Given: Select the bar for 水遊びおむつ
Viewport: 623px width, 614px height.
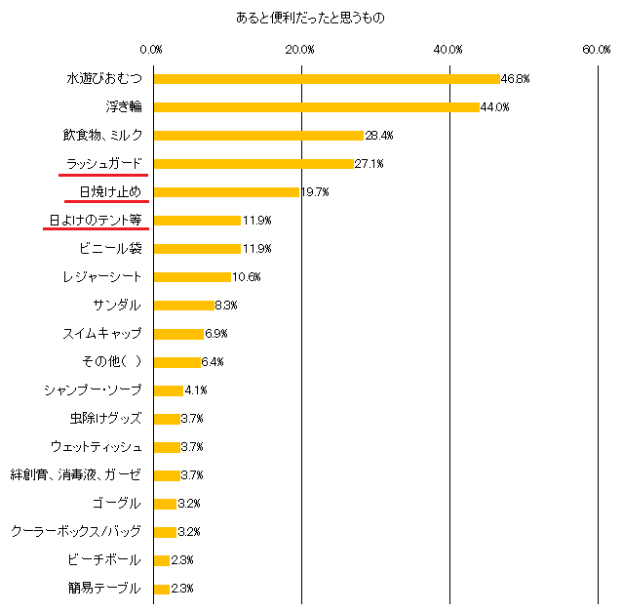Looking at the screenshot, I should point(326,78).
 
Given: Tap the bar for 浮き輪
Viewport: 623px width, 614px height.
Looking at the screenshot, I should point(316,106).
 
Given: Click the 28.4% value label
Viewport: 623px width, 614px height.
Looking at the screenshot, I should point(378,135).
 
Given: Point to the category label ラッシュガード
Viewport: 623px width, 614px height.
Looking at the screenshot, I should point(103,163).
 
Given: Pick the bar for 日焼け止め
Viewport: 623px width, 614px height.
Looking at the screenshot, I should point(226,191).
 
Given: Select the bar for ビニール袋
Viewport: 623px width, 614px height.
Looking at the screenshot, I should point(197,248).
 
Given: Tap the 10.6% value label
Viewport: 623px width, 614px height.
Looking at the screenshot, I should point(246,276).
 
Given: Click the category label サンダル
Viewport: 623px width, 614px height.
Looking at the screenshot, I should point(117,305).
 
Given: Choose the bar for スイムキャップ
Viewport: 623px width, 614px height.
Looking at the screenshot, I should point(178,333).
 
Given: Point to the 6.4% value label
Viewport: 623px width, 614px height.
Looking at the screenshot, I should point(214,361).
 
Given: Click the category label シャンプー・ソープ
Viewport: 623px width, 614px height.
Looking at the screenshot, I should point(93,389).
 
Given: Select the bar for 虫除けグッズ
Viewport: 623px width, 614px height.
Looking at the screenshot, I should point(167,418).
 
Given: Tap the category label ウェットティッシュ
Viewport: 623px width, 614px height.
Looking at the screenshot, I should point(96,446).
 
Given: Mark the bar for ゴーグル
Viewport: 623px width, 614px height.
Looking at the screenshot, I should point(165,504).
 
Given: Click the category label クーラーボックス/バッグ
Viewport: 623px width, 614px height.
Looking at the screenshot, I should point(76,532).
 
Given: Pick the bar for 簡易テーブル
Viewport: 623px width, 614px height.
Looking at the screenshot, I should point(161,589).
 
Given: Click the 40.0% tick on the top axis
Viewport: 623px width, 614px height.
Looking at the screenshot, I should point(448,49).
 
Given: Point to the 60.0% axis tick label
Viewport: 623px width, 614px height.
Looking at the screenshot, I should point(597,49).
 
